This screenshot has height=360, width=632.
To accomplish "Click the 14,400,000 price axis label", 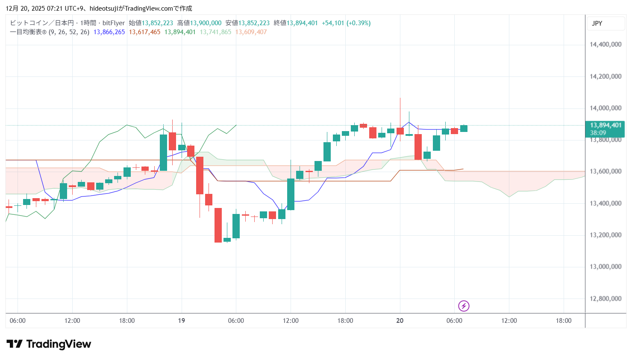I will pyautogui.click(x=605, y=44).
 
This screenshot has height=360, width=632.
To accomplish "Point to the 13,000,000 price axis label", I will pyautogui.click(x=605, y=266).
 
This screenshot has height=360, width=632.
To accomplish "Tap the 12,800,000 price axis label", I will pyautogui.click(x=605, y=299).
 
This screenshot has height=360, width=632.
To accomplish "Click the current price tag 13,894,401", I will pyautogui.click(x=605, y=126).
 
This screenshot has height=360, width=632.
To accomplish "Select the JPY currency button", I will pyautogui.click(x=597, y=23).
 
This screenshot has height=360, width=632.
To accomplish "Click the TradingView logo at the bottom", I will pyautogui.click(x=49, y=344).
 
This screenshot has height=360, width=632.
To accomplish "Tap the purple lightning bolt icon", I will pyautogui.click(x=464, y=306).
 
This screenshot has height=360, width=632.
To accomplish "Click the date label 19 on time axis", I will pyautogui.click(x=182, y=321).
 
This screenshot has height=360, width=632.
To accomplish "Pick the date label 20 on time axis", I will pyautogui.click(x=400, y=321).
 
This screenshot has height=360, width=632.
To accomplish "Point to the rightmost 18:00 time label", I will pyautogui.click(x=564, y=321).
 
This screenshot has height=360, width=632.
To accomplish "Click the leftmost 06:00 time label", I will pyautogui.click(x=18, y=321).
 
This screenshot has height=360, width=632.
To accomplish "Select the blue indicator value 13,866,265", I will pyautogui.click(x=109, y=32).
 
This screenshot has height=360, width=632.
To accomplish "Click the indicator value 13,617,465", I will pyautogui.click(x=144, y=32).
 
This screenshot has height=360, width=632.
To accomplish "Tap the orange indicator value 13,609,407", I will pyautogui.click(x=251, y=32).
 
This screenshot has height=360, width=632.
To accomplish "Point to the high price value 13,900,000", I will pyautogui.click(x=206, y=23).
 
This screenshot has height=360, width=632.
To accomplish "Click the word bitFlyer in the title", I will pyautogui.click(x=114, y=23).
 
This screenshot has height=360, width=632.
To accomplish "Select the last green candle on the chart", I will pyautogui.click(x=464, y=129).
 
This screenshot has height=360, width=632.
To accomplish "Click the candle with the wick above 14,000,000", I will pyautogui.click(x=400, y=131).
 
